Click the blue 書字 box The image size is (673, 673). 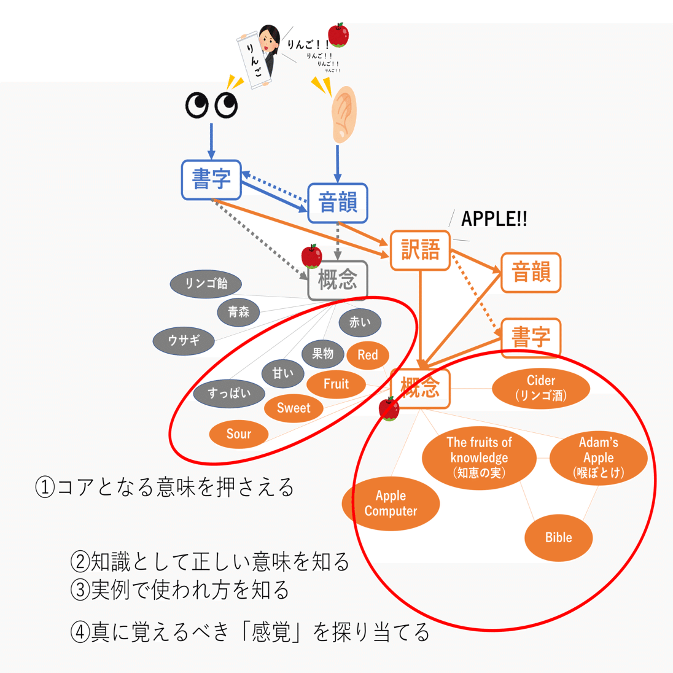click(x=211, y=180)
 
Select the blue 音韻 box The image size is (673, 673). click(x=337, y=203)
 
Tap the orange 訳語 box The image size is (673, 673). click(x=421, y=250)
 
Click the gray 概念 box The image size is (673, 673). click(x=337, y=281)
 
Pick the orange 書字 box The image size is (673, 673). click(x=531, y=337)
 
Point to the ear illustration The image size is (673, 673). click(x=343, y=114)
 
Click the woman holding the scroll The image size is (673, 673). click(x=267, y=49)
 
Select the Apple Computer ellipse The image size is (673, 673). click(x=391, y=504)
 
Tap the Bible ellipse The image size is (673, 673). click(x=558, y=538)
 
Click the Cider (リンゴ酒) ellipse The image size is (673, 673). click(x=541, y=388)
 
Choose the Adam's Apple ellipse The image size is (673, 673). click(x=598, y=457)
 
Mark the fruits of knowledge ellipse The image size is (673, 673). click(x=479, y=457)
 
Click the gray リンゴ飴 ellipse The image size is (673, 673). click(x=206, y=284)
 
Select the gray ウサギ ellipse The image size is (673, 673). click(x=184, y=340)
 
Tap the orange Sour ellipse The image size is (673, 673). click(x=238, y=434)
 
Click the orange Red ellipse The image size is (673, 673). click(x=367, y=355)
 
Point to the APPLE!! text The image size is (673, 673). click(x=494, y=219)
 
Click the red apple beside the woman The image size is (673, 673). click(x=338, y=35)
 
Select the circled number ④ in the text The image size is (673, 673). click(x=80, y=632)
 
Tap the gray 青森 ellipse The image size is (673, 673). click(x=238, y=312)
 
